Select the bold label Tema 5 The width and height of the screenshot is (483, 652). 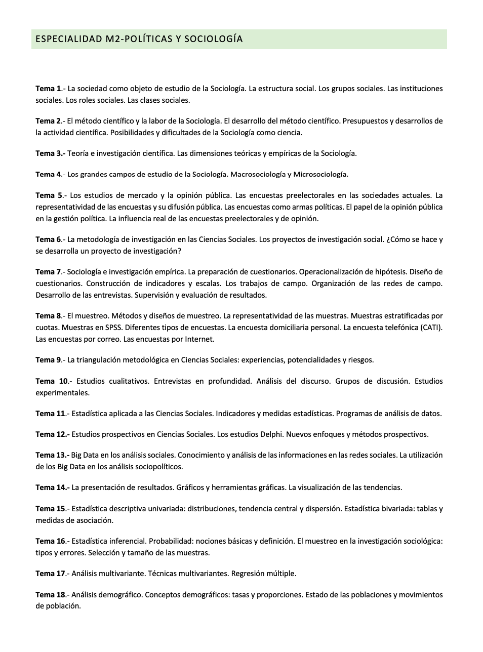click(49, 195)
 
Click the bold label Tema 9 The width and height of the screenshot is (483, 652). click(49, 360)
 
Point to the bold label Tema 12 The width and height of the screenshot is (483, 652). click(52, 434)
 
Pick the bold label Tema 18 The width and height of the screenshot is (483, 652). click(51, 595)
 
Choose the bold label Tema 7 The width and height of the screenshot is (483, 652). click(49, 272)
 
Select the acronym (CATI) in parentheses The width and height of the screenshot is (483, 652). click(431, 328)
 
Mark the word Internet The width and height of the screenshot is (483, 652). click(199, 339)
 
